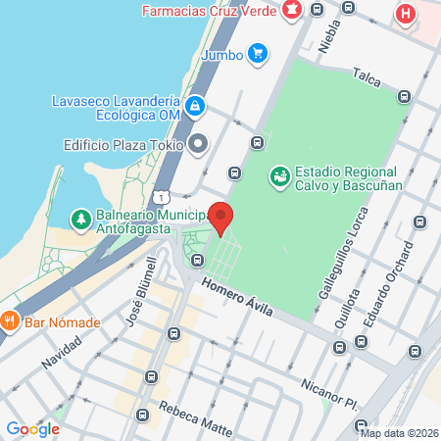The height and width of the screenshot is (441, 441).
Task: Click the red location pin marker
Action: [222, 218]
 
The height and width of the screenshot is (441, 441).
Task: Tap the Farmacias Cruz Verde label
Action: [208, 12]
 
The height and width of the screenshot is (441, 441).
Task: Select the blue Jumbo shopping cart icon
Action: [258, 54]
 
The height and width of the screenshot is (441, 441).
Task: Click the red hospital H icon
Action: [404, 14]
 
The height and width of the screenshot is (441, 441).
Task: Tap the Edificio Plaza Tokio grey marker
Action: [199, 144]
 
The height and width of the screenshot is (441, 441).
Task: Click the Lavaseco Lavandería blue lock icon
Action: [195, 104]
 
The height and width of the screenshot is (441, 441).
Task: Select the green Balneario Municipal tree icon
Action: [79, 217]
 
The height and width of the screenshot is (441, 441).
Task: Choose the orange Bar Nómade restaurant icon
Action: [10, 320]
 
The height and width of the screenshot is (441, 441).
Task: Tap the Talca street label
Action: [367, 75]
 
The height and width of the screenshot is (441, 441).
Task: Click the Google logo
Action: [32, 428]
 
